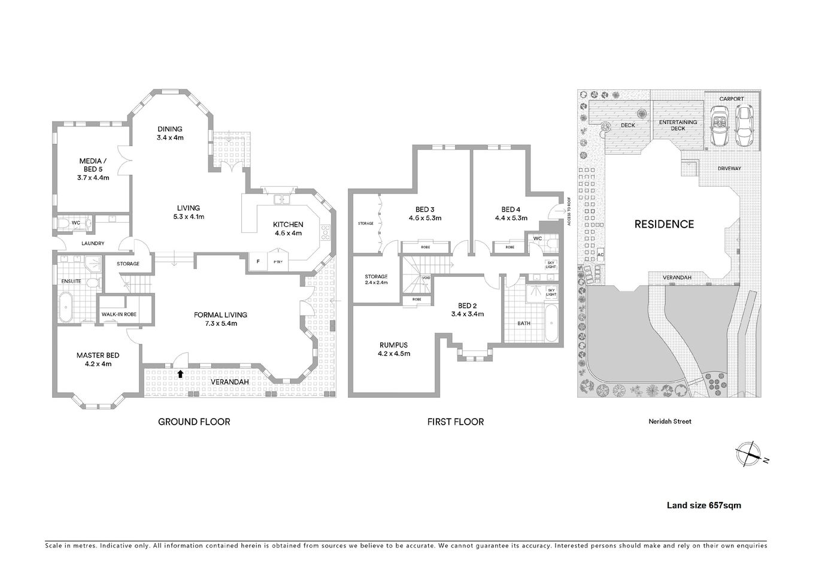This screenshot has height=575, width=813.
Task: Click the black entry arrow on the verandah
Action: pyautogui.click(x=180, y=374)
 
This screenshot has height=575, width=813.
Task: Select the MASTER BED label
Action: pyautogui.click(x=93, y=355)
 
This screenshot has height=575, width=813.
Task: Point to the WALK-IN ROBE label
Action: pyautogui.click(x=119, y=314)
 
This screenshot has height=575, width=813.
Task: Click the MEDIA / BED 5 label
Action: pyautogui.click(x=93, y=161)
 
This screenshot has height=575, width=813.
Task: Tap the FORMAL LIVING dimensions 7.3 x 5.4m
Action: pyautogui.click(x=220, y=323)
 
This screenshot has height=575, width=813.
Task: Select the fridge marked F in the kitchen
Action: pyautogui.click(x=258, y=261)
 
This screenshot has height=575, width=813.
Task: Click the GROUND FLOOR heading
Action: pyautogui.click(x=194, y=422)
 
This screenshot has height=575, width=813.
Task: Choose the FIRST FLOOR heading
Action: pyautogui.click(x=455, y=422)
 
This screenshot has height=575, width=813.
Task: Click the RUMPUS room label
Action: pyautogui.click(x=393, y=345)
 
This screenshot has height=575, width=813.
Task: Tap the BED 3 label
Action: pyautogui.click(x=424, y=210)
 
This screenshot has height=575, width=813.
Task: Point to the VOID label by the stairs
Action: pyautogui.click(x=426, y=278)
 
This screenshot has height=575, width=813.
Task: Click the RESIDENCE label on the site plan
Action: pyautogui.click(x=664, y=224)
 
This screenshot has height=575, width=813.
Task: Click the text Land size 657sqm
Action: pyautogui.click(x=703, y=505)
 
